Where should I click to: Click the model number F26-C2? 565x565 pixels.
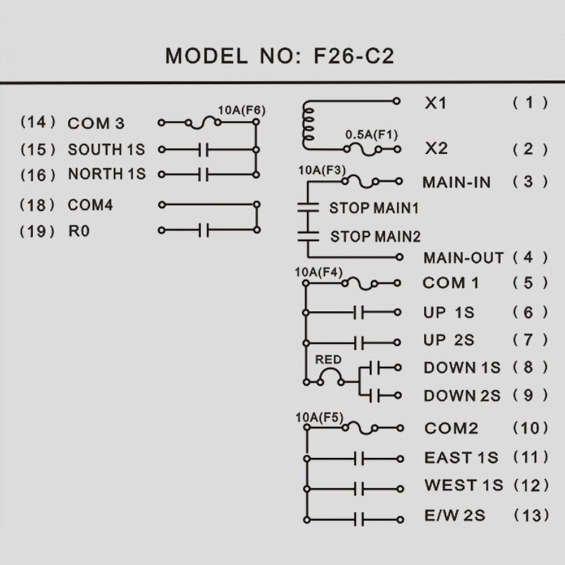[x=353, y=56]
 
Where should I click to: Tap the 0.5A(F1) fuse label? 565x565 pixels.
[x=371, y=135]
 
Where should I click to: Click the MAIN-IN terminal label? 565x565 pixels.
[x=457, y=182]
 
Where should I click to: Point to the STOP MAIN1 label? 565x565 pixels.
[x=374, y=208]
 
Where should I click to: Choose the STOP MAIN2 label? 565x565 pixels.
[x=375, y=236]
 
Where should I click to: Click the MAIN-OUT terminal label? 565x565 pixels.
[x=463, y=258]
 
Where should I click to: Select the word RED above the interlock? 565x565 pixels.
[x=328, y=359]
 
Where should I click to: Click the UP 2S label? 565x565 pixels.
[x=449, y=340]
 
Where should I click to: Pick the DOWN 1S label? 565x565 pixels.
[x=462, y=368]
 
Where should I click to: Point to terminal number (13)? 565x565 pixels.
[x=531, y=515]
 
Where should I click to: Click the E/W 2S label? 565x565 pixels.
[x=454, y=515]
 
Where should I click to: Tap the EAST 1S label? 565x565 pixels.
[x=461, y=457]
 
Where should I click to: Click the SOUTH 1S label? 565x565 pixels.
[x=106, y=150]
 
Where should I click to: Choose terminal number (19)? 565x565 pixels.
[x=38, y=231]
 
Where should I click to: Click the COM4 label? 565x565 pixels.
[x=90, y=205]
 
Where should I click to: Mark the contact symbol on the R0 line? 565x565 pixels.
[x=204, y=230]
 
